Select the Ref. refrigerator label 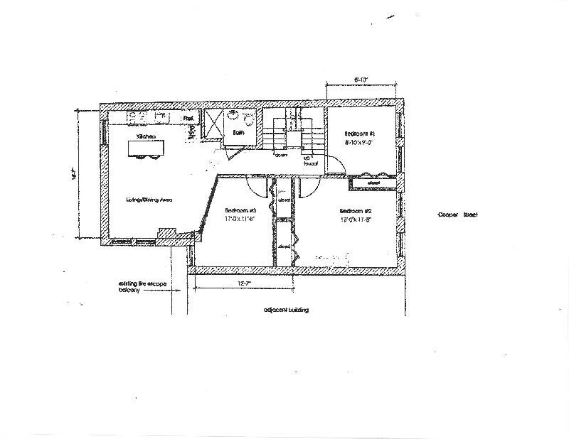click(188, 118)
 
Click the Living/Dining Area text click(150, 200)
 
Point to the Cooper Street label click(458, 216)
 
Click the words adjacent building click(285, 310)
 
